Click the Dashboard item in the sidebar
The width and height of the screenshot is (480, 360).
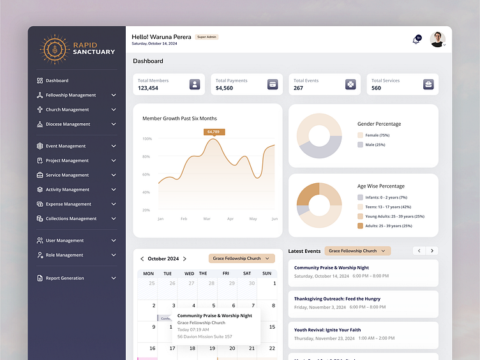(57, 80)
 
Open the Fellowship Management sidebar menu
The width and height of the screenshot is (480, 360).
(71, 95)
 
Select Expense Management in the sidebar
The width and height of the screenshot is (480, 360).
(68, 204)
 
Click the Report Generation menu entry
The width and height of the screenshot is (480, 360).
(64, 278)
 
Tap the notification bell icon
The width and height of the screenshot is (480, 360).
(416, 40)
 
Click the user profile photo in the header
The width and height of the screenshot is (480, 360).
(437, 39)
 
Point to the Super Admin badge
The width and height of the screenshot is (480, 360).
(207, 37)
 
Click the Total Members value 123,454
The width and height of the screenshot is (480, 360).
(148, 88)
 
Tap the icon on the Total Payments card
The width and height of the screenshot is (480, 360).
(272, 84)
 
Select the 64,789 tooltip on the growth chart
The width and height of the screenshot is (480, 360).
(213, 131)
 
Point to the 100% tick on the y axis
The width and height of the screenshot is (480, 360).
(147, 139)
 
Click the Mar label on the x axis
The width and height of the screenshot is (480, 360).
(207, 219)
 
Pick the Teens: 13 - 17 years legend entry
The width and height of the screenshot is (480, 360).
(387, 207)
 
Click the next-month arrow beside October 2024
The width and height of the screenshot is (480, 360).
(185, 259)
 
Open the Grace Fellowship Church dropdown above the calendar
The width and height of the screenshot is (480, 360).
(241, 259)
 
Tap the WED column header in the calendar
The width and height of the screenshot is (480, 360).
(190, 273)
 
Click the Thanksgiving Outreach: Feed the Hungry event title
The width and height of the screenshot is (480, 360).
(337, 298)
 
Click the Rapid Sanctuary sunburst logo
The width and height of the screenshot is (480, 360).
(55, 49)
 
